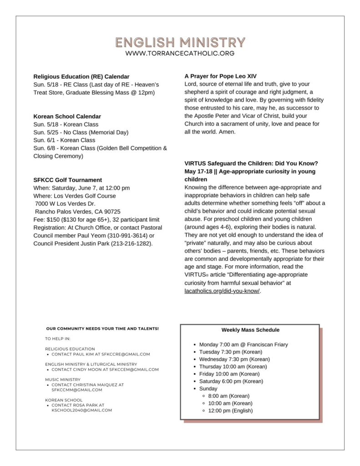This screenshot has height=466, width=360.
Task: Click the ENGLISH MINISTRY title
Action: (180, 42)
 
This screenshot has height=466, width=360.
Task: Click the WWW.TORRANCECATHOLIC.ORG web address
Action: (180, 53)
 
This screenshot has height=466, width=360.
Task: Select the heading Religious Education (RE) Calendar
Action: (81, 76)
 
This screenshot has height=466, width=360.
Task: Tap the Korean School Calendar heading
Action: (67, 116)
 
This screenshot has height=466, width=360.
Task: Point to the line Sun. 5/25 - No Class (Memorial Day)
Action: (81, 132)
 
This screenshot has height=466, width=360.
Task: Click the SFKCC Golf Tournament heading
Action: (68, 180)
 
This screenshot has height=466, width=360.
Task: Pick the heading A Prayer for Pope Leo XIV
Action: (221, 76)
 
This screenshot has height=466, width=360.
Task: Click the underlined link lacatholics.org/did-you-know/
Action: (222, 291)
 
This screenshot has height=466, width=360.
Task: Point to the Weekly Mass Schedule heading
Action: (250, 330)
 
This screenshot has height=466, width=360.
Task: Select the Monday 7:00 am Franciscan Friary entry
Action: (243, 344)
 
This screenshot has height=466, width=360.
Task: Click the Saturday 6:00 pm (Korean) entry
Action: (231, 381)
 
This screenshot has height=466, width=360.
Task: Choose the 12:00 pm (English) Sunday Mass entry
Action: (230, 410)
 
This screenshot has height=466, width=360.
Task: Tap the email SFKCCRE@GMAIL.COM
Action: (126, 354)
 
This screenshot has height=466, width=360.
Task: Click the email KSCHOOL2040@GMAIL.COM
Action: (82, 410)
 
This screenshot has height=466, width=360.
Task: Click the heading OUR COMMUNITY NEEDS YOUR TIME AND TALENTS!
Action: (102, 328)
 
